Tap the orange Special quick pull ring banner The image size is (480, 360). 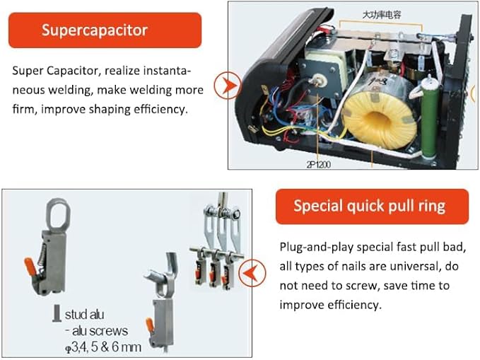click(371, 207)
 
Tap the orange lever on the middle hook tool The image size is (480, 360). click(149, 324)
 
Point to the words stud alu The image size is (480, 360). click(85, 314)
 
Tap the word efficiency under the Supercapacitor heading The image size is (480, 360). click(161, 110)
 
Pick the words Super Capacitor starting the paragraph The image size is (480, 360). click(47, 71)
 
